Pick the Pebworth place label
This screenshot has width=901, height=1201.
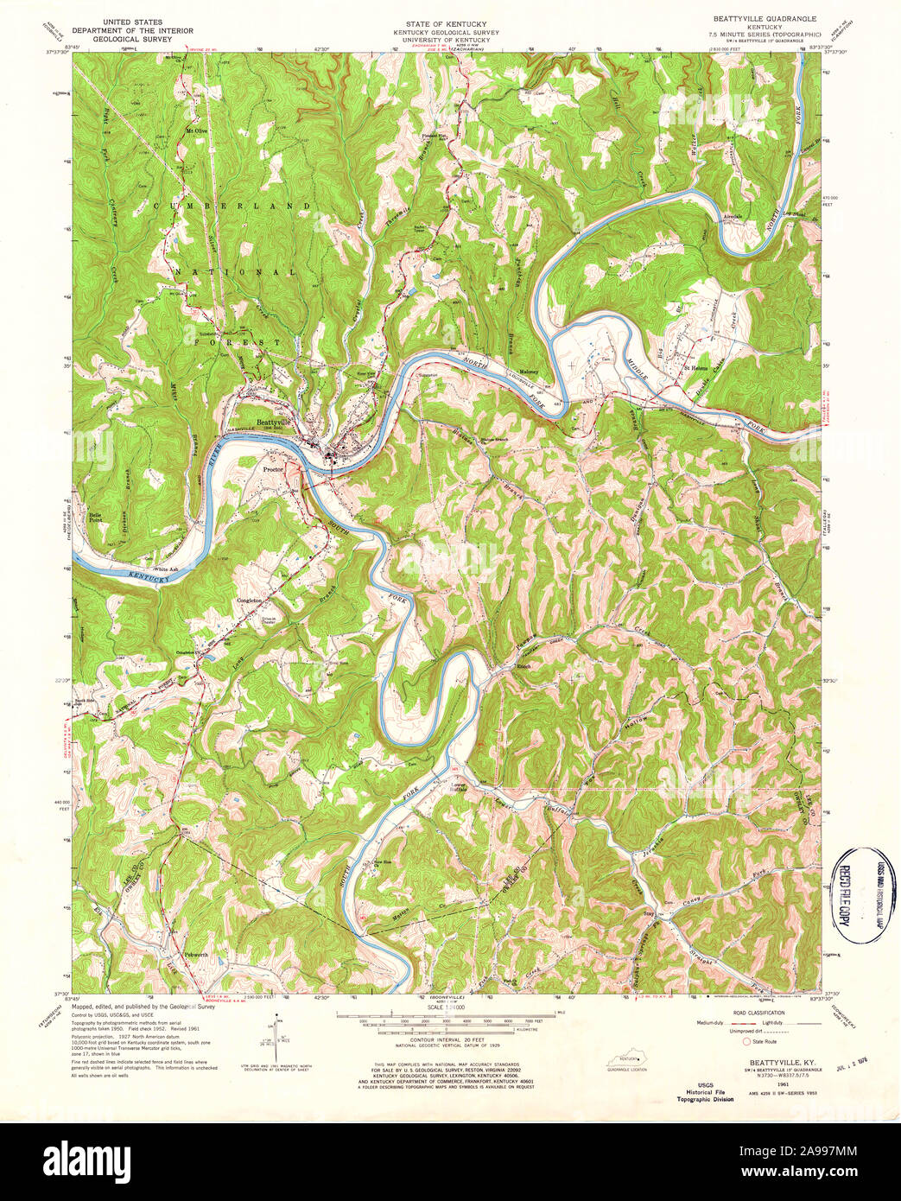(196, 954)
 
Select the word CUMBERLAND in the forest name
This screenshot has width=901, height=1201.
(231, 206)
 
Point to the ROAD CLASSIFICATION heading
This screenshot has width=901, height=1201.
(760, 1012)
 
